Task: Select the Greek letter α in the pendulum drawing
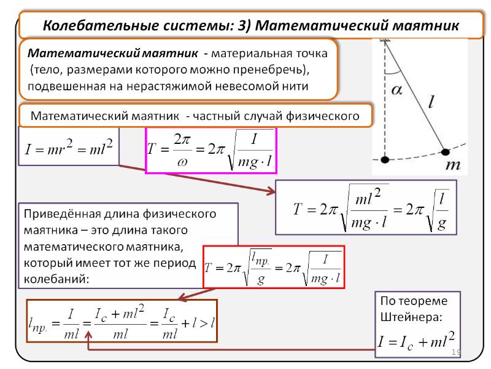[x=397, y=90]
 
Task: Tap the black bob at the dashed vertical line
[x=385, y=160]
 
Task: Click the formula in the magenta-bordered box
[x=211, y=151]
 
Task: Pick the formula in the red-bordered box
[x=274, y=267]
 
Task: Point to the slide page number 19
[x=455, y=352]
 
